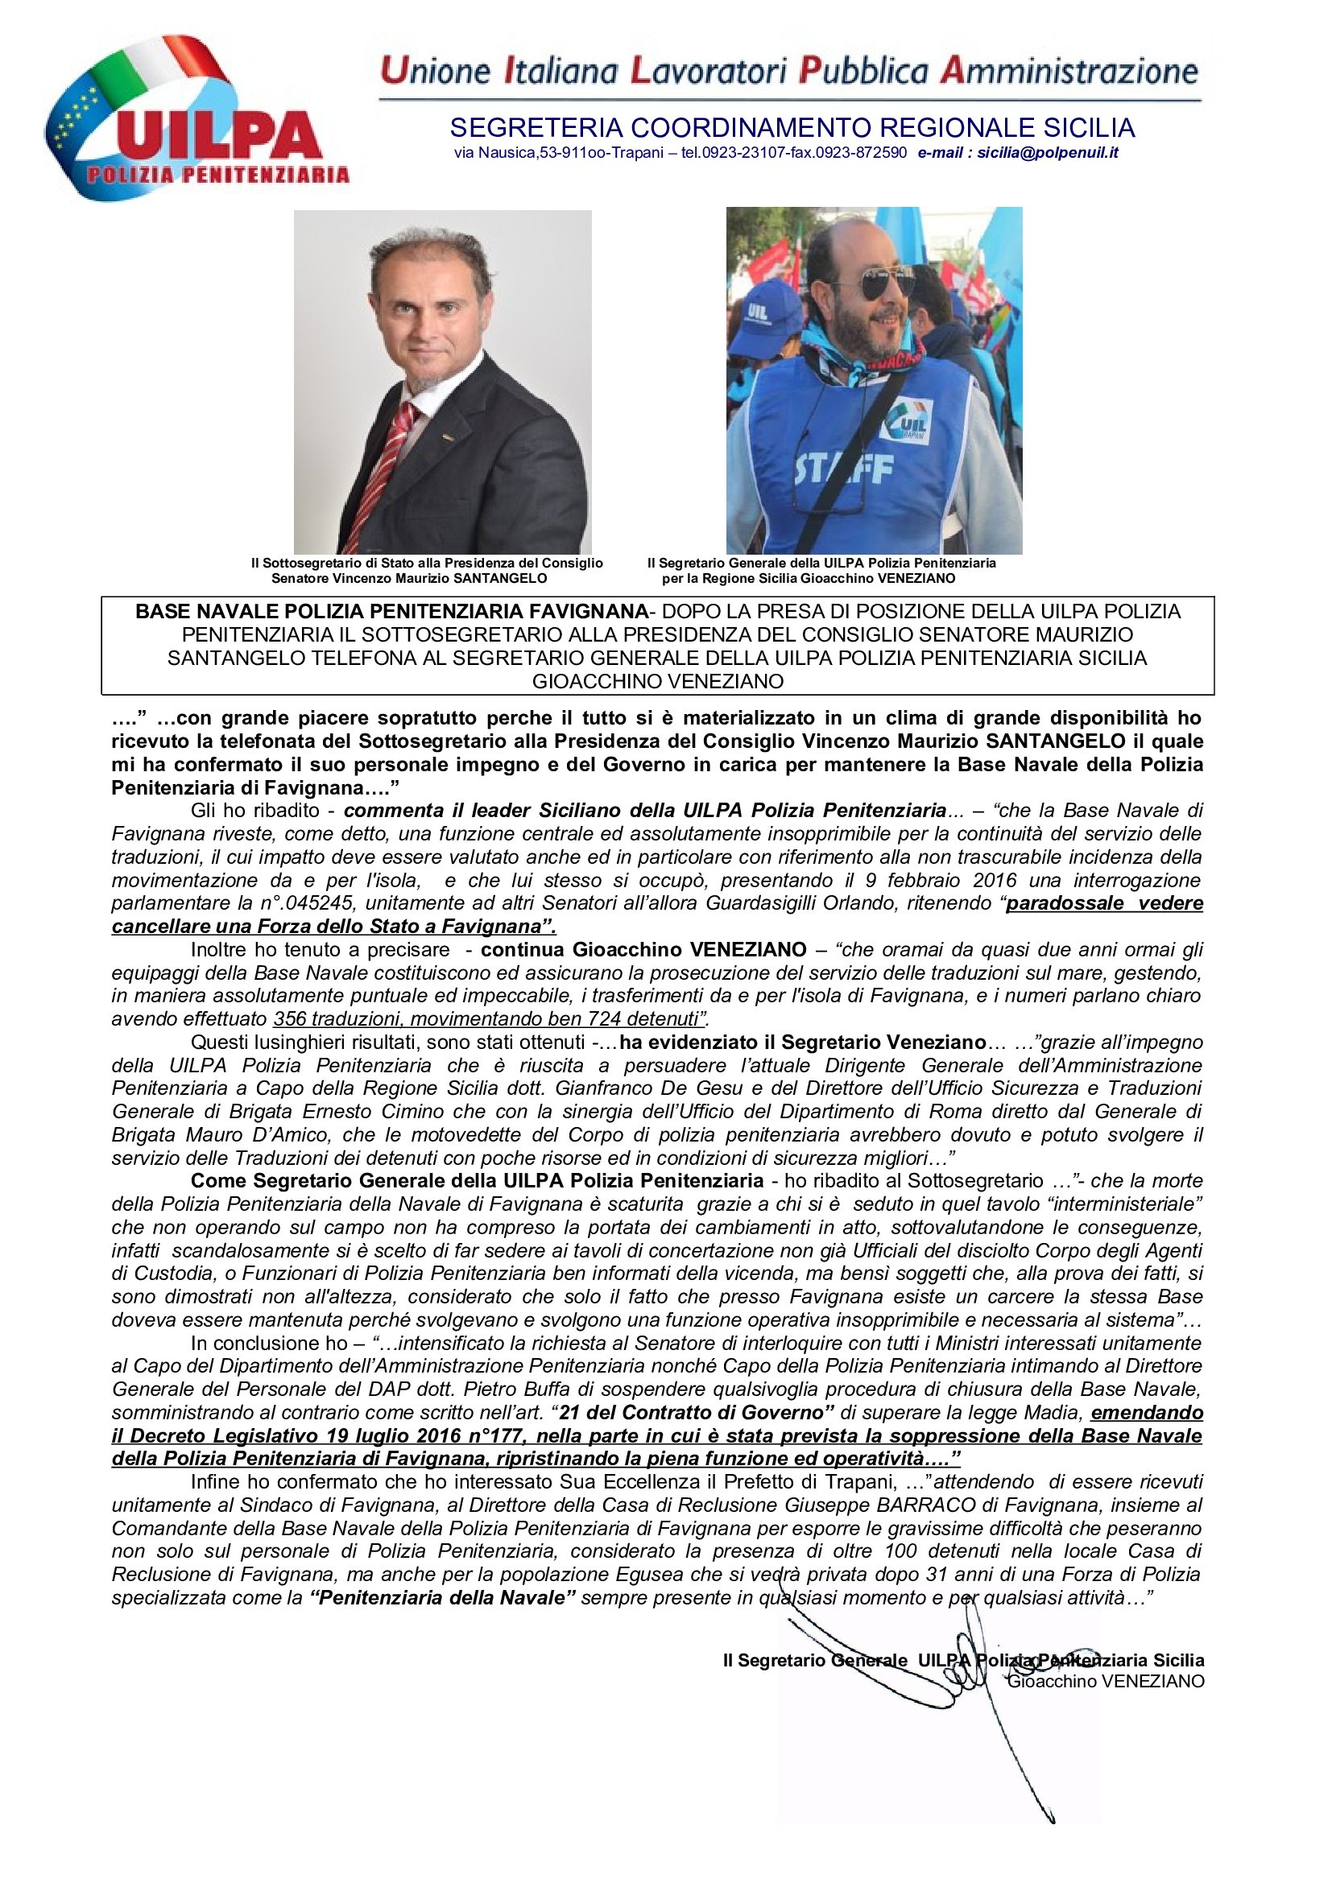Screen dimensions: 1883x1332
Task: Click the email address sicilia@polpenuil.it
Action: click(x=1048, y=152)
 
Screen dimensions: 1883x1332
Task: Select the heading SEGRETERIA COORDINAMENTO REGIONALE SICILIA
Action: click(x=792, y=128)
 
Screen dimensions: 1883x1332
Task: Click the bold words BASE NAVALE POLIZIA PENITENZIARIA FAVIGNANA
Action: click(x=392, y=611)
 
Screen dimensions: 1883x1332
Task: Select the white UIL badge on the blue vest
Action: click(x=906, y=422)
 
